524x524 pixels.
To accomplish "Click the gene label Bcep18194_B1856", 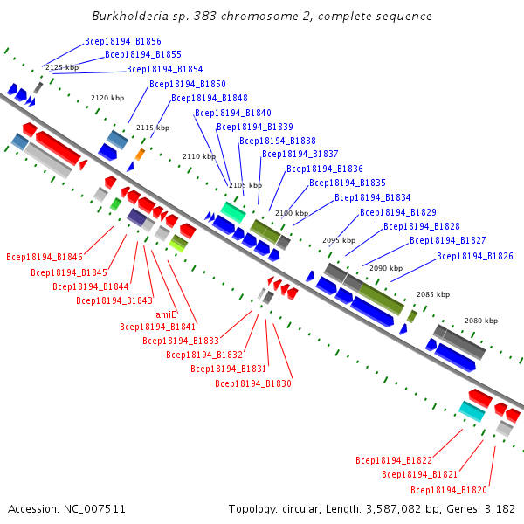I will click(123, 41).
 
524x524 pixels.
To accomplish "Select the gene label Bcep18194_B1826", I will click(475, 256).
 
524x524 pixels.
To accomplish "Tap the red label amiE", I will click(166, 314).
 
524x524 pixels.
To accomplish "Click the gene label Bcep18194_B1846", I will click(45, 258).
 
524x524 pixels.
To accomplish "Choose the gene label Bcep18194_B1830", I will click(253, 383).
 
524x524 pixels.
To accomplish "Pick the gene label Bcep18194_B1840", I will click(233, 113).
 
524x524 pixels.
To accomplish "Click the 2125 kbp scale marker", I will click(62, 67).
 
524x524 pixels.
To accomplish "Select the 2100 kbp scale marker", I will click(292, 213).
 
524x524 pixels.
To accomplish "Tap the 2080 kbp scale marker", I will click(480, 321).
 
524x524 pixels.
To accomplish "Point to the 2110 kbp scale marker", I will click(198, 156).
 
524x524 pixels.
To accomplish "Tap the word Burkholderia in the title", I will click(130, 17).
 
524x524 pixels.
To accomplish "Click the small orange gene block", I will click(140, 155).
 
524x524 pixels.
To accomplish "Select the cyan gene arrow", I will click(472, 411).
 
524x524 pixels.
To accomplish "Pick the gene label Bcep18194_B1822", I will click(394, 459).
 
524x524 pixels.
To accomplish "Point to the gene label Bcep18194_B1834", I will click(373, 197).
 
